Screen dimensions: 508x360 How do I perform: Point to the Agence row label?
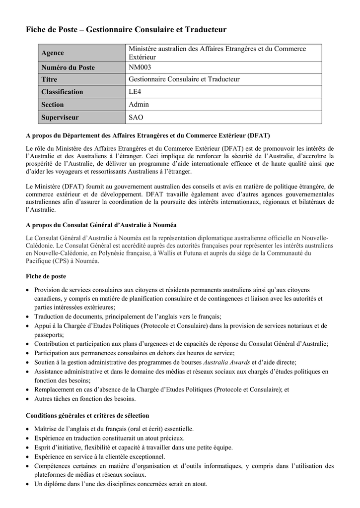53,53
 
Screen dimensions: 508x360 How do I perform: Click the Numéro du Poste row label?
68,67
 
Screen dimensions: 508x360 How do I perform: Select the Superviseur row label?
60,118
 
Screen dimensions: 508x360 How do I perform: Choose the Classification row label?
62,92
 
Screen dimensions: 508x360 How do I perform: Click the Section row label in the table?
53,105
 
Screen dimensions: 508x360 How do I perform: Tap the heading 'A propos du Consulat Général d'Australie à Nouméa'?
101,225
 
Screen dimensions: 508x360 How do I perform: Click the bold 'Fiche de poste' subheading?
46,276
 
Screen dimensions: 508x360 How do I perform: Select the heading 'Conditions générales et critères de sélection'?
87,416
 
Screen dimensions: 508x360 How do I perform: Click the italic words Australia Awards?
226,363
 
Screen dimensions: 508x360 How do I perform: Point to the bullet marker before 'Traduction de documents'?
28,317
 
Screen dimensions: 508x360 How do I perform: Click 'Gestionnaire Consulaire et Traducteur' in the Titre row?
184,79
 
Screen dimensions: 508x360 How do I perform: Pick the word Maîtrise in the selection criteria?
47,429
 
